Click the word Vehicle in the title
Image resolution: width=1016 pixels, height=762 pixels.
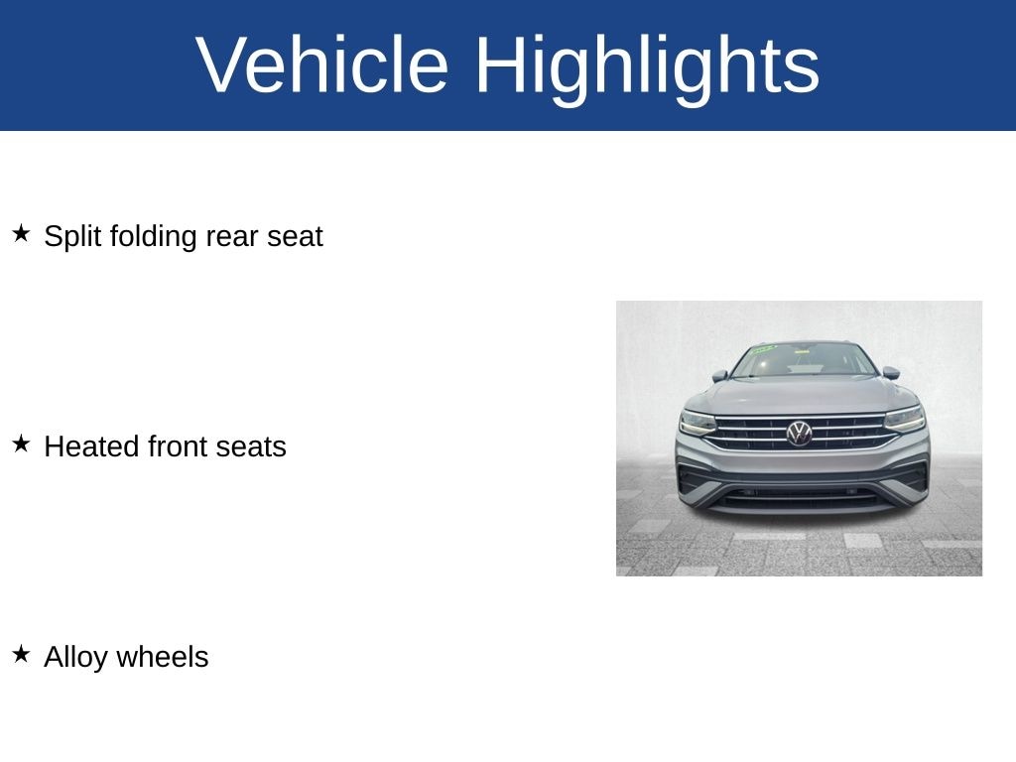click(321, 64)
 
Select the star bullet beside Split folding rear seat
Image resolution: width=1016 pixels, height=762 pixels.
click(22, 233)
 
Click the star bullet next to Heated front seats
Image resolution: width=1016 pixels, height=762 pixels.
click(22, 444)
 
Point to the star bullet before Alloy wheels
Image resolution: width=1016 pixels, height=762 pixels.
click(22, 654)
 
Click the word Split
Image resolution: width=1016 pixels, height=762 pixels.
click(72, 237)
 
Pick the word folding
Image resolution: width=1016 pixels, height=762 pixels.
click(153, 237)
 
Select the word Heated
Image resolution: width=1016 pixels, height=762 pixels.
click(91, 446)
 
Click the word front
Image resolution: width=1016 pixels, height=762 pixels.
click(178, 446)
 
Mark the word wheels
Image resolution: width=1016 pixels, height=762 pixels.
click(163, 657)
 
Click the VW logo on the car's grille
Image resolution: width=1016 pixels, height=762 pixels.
click(799, 433)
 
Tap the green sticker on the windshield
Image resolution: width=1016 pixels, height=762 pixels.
click(763, 350)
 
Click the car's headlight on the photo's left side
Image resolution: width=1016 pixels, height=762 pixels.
click(698, 422)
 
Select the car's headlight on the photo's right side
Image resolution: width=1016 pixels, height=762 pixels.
click(905, 419)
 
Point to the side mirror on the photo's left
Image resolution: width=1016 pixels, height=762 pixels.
click(720, 376)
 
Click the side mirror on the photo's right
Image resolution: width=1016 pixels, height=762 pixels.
click(891, 373)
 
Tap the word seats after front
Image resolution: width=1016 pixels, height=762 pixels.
click(251, 447)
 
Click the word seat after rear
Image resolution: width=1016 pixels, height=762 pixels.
click(295, 237)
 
